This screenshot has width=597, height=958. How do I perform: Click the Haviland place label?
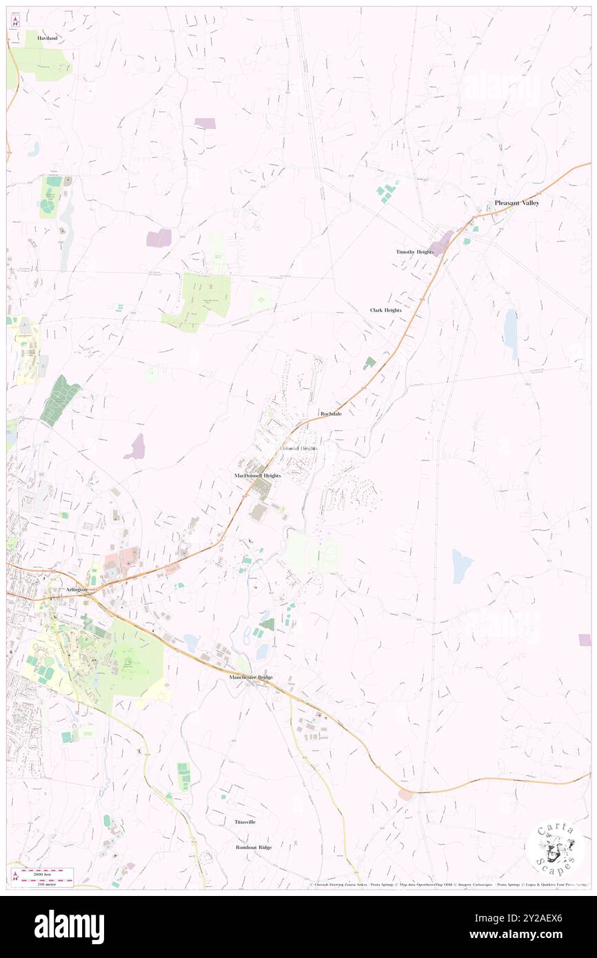(x=48, y=38)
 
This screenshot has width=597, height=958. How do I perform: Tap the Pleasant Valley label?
(x=516, y=203)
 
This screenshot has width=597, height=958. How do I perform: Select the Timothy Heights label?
(x=414, y=252)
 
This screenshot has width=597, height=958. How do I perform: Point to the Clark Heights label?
(x=385, y=310)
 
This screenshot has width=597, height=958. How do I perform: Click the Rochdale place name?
(x=331, y=414)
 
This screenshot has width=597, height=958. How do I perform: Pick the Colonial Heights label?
(x=298, y=449)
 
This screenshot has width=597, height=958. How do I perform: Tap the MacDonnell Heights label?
(x=257, y=476)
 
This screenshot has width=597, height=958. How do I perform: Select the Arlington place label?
(x=70, y=591)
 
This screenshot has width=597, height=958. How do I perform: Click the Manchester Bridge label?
(x=251, y=677)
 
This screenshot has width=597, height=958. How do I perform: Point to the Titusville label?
(x=245, y=822)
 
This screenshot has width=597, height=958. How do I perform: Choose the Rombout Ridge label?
(x=254, y=847)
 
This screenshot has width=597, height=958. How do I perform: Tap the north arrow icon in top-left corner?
(x=14, y=22)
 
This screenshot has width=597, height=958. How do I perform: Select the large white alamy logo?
(x=70, y=927)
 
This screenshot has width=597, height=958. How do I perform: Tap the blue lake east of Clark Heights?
(x=510, y=329)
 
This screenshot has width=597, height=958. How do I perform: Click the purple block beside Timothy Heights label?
(x=441, y=243)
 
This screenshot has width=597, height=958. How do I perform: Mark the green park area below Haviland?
(x=43, y=63)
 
